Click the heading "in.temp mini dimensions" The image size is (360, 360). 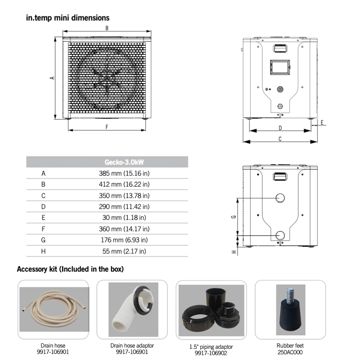pyautogui.click(x=67, y=18)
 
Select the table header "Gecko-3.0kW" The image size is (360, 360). pyautogui.click(x=124, y=162)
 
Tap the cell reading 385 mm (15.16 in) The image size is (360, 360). pyautogui.click(x=124, y=173)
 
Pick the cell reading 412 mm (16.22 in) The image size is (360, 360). pyautogui.click(x=124, y=184)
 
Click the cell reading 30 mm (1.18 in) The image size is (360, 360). pyautogui.click(x=124, y=217)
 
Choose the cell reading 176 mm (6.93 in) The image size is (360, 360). pyautogui.click(x=124, y=240)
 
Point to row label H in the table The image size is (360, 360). pyautogui.click(x=44, y=251)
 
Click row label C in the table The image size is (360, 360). pyautogui.click(x=44, y=195)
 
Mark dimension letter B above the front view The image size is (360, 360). pyautogui.click(x=107, y=28)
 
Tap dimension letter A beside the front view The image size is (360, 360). pyautogui.click(x=52, y=77)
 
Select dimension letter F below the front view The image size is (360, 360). pyautogui.click(x=107, y=127)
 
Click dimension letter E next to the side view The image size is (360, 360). pyautogui.click(x=322, y=122)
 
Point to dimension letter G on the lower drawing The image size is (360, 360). pyautogui.click(x=234, y=216)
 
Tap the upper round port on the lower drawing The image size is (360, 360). pyautogui.click(x=280, y=198)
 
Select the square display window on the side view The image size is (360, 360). pyautogui.click(x=279, y=67)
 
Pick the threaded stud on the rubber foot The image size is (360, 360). pyautogui.click(x=288, y=296)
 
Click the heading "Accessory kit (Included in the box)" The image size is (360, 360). pyautogui.click(x=70, y=270)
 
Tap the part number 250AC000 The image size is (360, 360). pyautogui.click(x=290, y=352)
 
